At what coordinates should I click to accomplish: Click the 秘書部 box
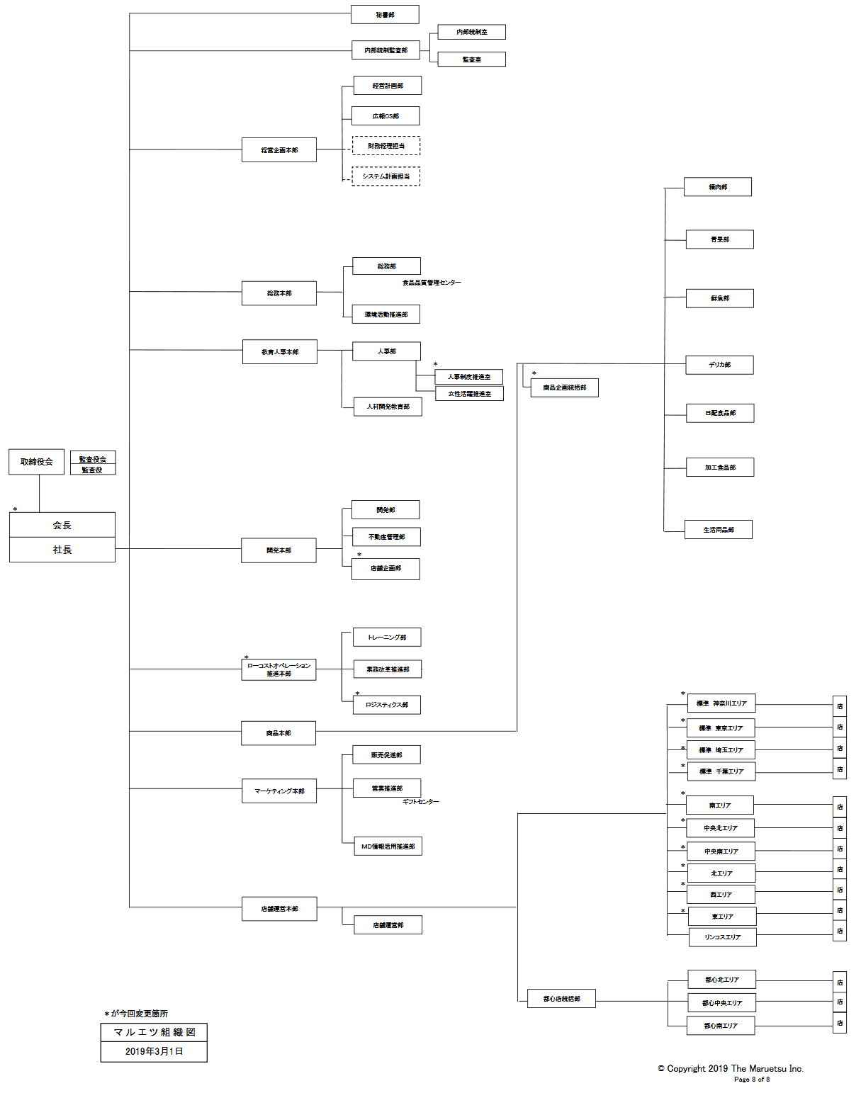coord(385,15)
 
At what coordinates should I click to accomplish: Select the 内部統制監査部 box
coord(386,50)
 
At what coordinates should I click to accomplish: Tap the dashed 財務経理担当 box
coord(386,146)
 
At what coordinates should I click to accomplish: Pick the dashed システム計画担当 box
coord(386,176)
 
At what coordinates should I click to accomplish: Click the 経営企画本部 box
coord(279,150)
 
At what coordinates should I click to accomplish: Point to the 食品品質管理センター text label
coord(432,283)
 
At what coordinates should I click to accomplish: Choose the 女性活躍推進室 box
coord(469,394)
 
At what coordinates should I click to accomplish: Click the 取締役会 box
coord(37,462)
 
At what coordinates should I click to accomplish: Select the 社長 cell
coord(62,550)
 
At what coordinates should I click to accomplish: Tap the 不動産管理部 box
coord(386,537)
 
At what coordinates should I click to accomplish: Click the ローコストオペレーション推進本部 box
coord(278,669)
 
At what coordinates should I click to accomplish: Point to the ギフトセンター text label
coord(420,802)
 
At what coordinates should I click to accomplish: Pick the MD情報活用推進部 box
coord(388,846)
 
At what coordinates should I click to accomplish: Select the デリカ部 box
coord(719,365)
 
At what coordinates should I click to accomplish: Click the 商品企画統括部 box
coord(565,387)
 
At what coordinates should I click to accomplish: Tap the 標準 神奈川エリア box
coord(721,703)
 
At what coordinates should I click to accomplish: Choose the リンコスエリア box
coord(722,937)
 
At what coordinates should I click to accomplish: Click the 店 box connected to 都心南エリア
coord(840,1023)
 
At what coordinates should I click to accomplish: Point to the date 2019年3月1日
coord(154,1051)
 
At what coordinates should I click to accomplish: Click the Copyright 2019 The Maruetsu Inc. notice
coord(731,1069)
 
